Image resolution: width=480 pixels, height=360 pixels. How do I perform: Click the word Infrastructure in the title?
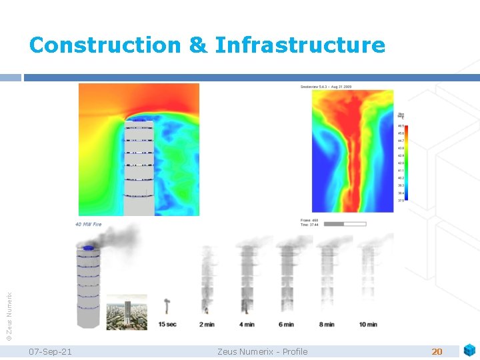click(300, 45)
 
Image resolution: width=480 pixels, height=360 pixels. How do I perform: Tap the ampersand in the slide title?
click(198, 45)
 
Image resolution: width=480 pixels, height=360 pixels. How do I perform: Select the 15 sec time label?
click(167, 324)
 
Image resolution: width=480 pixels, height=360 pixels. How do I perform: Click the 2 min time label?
click(207, 324)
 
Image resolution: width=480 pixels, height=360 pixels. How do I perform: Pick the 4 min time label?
click(246, 324)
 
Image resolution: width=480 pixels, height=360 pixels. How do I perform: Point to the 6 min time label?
click(286, 324)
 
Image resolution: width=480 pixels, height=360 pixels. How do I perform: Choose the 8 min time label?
click(327, 324)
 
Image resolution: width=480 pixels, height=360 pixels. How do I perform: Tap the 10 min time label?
click(367, 324)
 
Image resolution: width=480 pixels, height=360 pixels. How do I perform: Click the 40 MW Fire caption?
click(88, 225)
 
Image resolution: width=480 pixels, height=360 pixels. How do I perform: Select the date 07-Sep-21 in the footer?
click(51, 351)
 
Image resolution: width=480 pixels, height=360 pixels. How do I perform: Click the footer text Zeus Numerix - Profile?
click(263, 351)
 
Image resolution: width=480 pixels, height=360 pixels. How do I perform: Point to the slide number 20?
click(437, 351)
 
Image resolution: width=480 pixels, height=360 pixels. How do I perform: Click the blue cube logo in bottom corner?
click(469, 349)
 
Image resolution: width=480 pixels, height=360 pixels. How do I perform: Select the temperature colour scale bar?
click(406, 163)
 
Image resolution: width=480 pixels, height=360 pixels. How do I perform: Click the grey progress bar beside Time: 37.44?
click(344, 224)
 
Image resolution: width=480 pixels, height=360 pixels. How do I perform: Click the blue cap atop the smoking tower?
click(89, 249)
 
